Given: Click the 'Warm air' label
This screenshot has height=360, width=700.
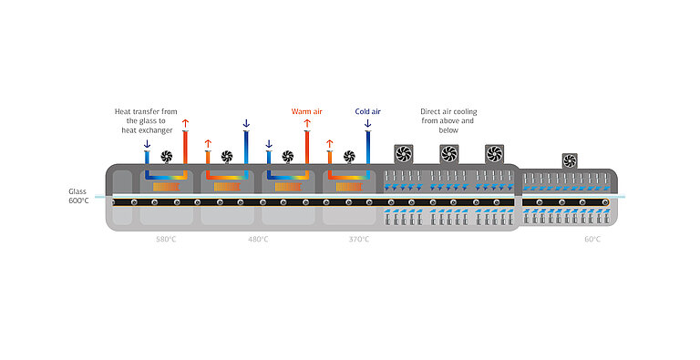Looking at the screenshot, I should tap(306, 111).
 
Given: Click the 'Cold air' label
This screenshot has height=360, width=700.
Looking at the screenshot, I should tap(367, 111).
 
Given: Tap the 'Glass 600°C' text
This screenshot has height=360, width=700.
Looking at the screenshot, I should tap(78, 196).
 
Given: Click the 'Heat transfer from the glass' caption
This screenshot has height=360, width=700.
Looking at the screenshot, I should tap(145, 120).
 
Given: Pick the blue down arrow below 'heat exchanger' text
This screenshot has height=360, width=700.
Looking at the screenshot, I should tap(147, 143).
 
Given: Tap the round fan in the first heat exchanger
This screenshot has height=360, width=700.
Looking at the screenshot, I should tap(166, 156).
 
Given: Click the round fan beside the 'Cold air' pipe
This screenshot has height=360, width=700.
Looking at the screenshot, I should tap(348, 156).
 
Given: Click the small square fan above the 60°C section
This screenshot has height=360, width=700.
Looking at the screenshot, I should tap(570, 160).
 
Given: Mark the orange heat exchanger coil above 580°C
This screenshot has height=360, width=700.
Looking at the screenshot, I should tap(166, 186).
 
